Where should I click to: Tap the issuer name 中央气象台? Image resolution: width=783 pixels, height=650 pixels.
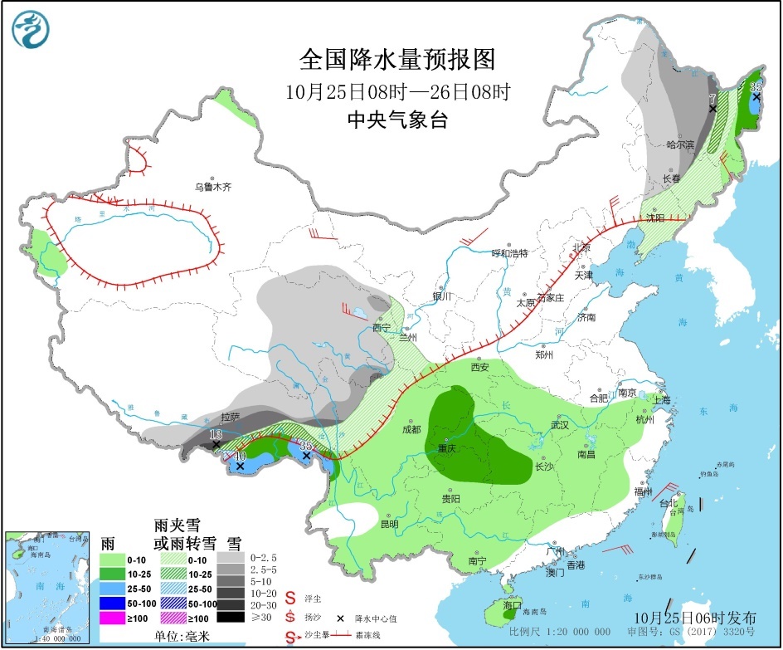[396, 120]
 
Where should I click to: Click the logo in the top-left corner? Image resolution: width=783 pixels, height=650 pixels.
[31, 30]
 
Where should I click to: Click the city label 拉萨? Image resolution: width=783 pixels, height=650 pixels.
[231, 417]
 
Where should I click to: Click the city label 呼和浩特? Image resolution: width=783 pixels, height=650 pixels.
[510, 252]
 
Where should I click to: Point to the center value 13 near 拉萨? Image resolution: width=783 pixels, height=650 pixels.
[216, 434]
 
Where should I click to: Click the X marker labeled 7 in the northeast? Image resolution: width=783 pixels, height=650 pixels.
[712, 108]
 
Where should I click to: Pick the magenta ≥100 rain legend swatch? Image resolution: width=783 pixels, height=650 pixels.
[114, 617]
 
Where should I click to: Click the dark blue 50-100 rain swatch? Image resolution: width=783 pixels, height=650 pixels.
[114, 603]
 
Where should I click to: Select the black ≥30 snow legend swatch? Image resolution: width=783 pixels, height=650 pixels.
[231, 617]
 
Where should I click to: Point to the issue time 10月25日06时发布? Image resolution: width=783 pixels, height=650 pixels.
[694, 618]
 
